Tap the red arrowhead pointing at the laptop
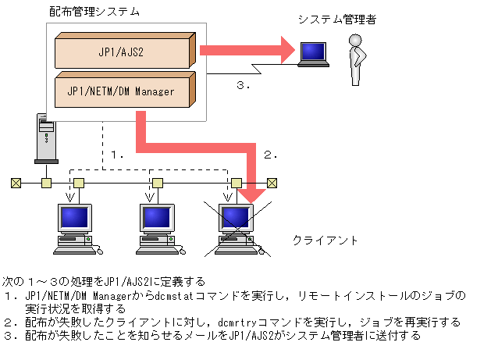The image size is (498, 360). click(x=283, y=51)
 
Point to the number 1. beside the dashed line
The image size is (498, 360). click(x=117, y=155)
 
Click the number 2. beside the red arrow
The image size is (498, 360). click(x=270, y=155)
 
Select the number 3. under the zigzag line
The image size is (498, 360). click(x=243, y=85)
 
